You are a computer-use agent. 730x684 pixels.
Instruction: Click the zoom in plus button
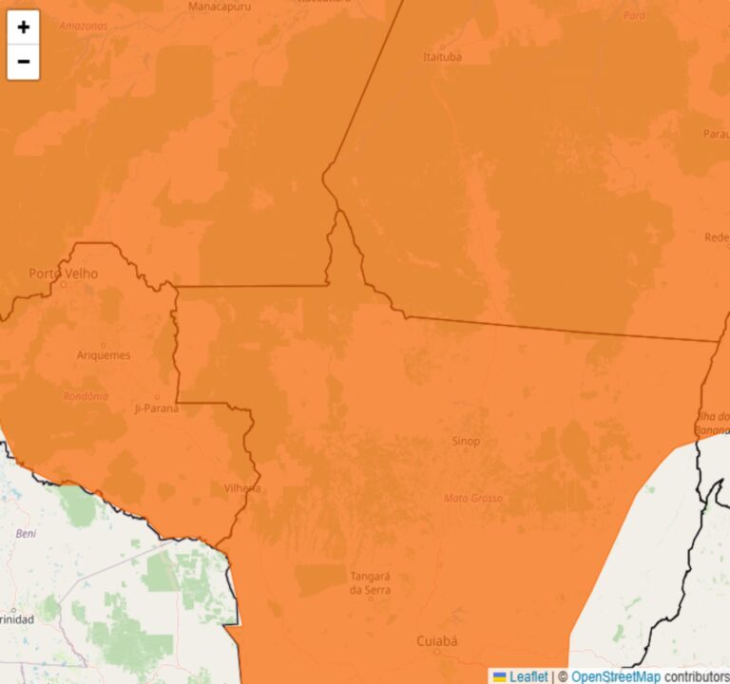[24, 28]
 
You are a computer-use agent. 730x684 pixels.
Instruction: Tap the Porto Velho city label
[63, 274]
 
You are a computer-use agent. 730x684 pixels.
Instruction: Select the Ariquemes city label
[104, 355]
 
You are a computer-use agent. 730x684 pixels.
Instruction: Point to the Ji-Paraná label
[158, 408]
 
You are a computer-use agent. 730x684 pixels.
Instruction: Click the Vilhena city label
[241, 487]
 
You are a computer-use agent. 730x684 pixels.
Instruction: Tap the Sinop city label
[465, 441]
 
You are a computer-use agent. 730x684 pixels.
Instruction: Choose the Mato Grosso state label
[473, 498]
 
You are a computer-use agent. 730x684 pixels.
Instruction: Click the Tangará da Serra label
[371, 583]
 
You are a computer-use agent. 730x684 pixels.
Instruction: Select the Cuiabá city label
[437, 641]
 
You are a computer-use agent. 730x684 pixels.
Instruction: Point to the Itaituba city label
[442, 57]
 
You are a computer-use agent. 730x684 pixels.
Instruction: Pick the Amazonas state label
[83, 26]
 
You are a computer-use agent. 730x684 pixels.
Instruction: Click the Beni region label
[26, 534]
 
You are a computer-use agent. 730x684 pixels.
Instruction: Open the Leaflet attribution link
[528, 676]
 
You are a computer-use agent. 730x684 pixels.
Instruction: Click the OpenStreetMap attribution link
[615, 676]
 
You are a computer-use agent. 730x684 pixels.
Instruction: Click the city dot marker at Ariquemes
[104, 344]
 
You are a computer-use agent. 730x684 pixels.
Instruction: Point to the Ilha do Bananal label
[713, 424]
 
